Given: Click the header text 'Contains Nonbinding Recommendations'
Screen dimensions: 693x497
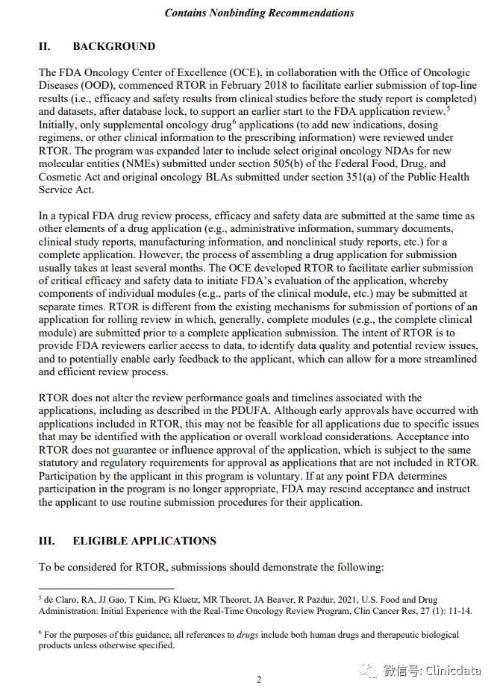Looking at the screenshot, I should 259,13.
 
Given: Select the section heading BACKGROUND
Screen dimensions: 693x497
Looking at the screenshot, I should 113,46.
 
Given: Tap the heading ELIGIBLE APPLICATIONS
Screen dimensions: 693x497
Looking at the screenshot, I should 144,541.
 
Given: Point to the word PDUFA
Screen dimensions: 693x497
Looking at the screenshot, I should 230,411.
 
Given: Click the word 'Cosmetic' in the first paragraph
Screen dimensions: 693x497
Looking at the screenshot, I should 60,177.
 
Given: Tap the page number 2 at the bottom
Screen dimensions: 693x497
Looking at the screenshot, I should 259,680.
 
